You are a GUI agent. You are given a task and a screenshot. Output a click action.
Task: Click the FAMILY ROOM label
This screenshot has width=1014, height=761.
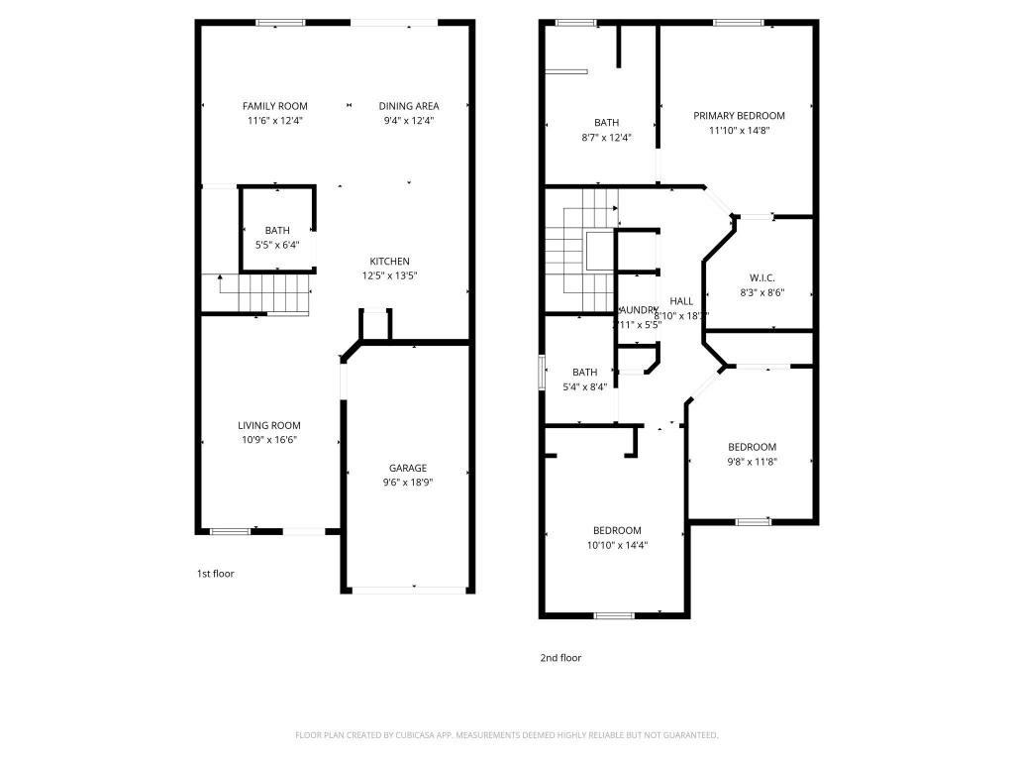275,106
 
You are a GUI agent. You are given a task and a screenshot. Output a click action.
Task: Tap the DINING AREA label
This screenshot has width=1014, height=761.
409,106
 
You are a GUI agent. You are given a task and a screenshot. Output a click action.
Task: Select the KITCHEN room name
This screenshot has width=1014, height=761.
390,262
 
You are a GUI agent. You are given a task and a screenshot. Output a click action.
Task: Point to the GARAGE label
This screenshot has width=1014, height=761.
407,468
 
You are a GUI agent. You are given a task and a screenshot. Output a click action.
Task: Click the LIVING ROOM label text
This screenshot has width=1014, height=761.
268,425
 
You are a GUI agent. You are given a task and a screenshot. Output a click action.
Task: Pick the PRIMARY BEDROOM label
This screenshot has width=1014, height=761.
739,116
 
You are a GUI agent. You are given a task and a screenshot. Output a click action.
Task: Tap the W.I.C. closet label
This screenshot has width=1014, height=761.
761,278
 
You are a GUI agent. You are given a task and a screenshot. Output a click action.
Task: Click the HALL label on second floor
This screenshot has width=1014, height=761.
681,301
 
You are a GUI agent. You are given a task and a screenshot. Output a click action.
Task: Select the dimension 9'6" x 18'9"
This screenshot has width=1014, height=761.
407,483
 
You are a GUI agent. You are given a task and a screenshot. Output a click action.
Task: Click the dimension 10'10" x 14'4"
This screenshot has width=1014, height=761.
617,545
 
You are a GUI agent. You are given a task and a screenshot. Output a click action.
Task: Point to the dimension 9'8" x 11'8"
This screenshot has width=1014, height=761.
752,461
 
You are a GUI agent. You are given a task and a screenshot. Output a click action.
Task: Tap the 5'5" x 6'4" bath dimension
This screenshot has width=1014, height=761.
277,245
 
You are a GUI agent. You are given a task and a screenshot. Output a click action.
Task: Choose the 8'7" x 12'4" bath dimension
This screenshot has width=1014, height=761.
606,138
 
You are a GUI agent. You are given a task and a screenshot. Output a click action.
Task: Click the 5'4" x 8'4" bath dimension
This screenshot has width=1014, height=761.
584,387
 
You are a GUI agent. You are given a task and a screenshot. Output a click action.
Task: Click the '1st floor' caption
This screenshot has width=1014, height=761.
216,573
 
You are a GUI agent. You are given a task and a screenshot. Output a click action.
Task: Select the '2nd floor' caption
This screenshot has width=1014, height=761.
560,657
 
